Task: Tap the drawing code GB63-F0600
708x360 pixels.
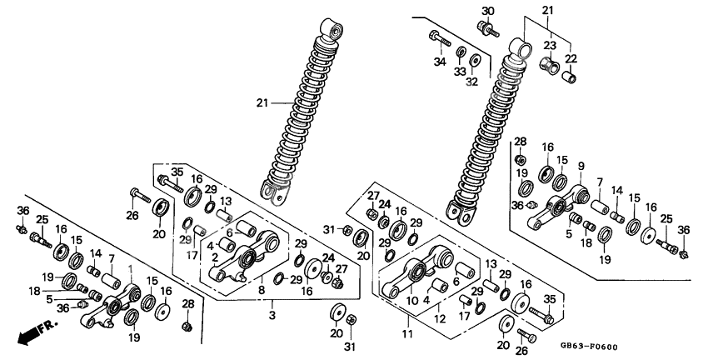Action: [589, 347]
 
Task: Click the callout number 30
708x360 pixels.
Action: [488, 11]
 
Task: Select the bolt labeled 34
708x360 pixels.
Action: [440, 39]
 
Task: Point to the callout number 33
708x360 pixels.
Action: [460, 72]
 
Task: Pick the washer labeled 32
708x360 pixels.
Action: [475, 60]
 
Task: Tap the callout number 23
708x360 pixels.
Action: [550, 46]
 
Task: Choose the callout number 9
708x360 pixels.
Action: [581, 166]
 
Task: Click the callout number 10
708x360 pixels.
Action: [411, 300]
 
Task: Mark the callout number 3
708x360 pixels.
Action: [272, 315]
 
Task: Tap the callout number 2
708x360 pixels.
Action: [215, 257]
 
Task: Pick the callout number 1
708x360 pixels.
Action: [131, 269]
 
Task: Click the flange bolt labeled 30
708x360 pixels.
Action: [487, 27]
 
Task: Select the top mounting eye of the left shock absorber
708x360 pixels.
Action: [331, 30]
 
